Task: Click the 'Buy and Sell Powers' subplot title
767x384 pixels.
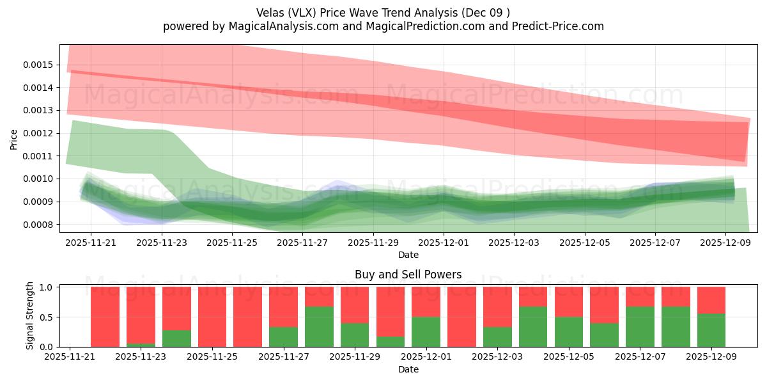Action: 408,275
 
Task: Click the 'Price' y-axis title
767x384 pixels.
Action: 14,139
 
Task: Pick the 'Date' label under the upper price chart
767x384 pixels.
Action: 408,255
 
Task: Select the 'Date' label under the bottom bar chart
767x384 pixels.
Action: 408,369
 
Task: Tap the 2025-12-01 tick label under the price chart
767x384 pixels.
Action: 444,243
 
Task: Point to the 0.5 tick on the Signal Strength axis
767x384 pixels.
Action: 47,317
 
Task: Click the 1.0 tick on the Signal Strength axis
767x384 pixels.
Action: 47,287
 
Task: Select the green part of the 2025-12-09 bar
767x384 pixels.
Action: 711,330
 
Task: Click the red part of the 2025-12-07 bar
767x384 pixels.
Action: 640,296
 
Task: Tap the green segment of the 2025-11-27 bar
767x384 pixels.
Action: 283,337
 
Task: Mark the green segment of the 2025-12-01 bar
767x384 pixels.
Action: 426,332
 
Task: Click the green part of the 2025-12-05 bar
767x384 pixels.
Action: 568,332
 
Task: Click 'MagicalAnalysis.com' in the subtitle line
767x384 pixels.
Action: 263,26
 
